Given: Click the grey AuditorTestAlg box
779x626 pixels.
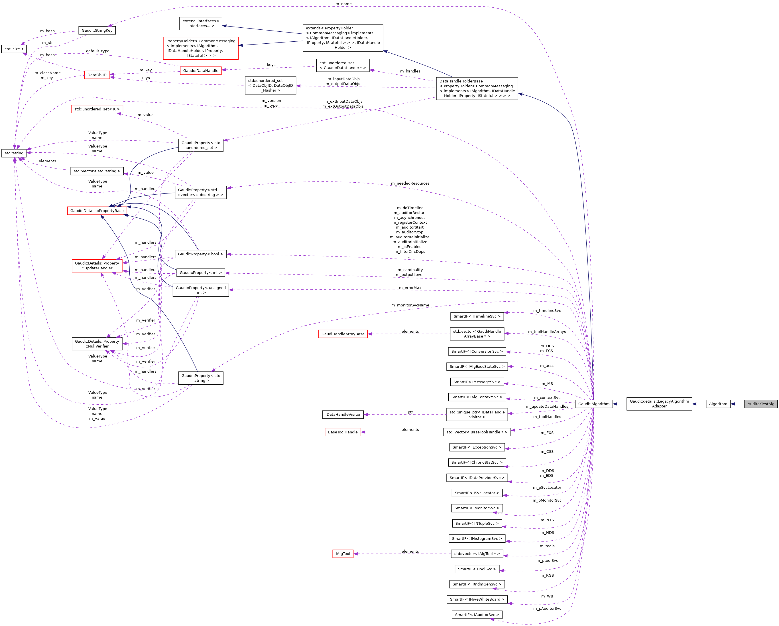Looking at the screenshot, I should click(760, 404).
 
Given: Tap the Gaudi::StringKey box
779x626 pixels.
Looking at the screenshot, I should click(97, 30).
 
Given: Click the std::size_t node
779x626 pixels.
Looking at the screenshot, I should click(14, 49).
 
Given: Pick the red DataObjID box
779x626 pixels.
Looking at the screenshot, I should click(97, 75).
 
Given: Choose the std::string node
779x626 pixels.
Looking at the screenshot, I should click(14, 153).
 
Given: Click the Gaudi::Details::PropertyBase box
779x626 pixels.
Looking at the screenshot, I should click(97, 211).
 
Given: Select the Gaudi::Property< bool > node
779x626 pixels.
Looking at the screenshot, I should click(201, 254).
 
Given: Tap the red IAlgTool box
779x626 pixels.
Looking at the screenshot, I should click(343, 554).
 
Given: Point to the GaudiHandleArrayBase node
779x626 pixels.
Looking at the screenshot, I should click(343, 334).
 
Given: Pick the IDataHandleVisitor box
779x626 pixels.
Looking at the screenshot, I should click(343, 415).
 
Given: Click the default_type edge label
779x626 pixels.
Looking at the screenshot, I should click(97, 51).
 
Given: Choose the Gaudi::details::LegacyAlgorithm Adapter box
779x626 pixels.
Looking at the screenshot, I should click(659, 404).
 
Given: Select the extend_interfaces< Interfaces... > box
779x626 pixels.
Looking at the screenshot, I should click(201, 23).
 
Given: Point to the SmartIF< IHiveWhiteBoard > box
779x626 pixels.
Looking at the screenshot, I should click(477, 599).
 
